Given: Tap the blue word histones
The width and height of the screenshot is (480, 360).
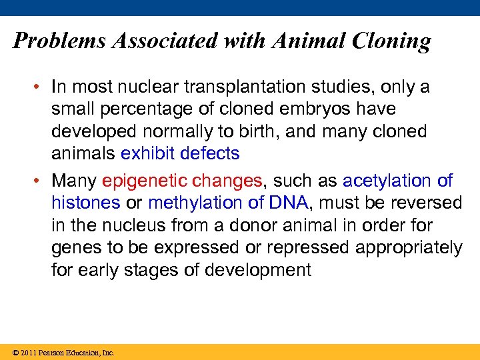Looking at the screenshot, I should coord(86,203).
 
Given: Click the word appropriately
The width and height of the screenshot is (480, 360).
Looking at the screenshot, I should coord(409,247).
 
